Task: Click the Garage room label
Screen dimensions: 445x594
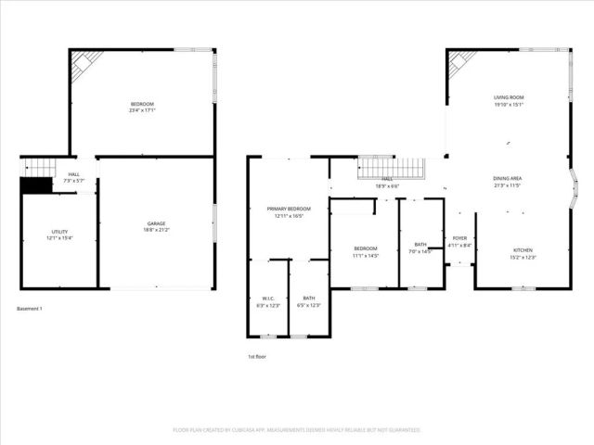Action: click(x=155, y=224)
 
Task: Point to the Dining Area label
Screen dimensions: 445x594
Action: click(x=507, y=179)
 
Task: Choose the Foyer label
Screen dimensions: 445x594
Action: click(x=459, y=238)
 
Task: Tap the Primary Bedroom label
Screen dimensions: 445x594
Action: click(x=289, y=210)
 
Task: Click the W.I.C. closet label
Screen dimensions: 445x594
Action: click(x=267, y=299)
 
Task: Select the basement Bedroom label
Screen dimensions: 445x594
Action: click(x=142, y=104)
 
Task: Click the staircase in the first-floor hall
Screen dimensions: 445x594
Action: click(x=391, y=170)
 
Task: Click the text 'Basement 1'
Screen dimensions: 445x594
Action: click(x=30, y=308)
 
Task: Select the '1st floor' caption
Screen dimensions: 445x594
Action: click(x=257, y=356)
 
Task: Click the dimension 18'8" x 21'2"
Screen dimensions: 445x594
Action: click(x=155, y=230)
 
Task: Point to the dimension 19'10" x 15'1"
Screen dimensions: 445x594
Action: click(x=508, y=105)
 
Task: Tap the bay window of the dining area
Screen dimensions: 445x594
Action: click(x=575, y=189)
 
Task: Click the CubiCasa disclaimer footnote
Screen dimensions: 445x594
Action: click(x=297, y=430)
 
